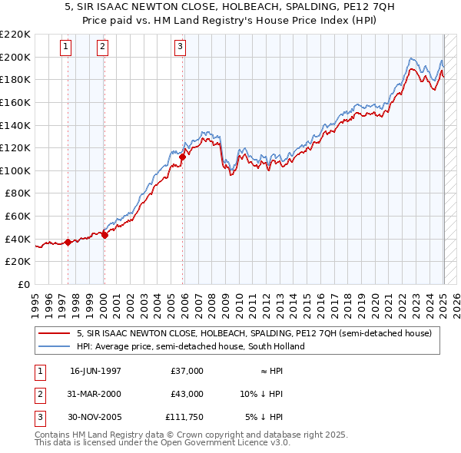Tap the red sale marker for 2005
pyautogui.click(x=183, y=157)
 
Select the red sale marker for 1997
pyautogui.click(x=68, y=242)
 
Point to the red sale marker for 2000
pyautogui.click(x=104, y=235)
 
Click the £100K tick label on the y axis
pyautogui.click(x=15, y=170)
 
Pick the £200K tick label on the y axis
pyautogui.click(x=15, y=57)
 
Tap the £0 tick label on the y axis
pyautogui.click(x=23, y=284)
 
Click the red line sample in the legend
pyautogui.click(x=54, y=333)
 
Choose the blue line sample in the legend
pyautogui.click(x=54, y=346)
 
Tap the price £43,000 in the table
pyautogui.click(x=187, y=394)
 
